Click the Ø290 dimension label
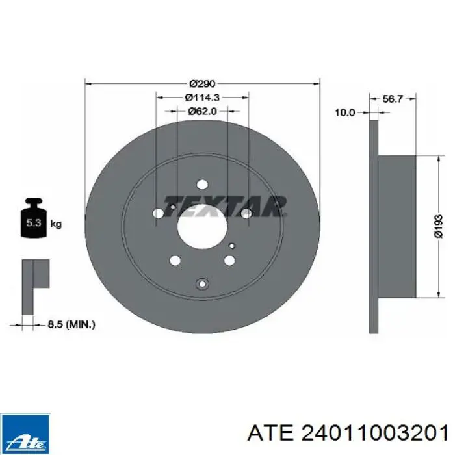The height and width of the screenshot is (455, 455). coord(203,84)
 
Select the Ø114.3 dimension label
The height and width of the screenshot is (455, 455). coord(202,97)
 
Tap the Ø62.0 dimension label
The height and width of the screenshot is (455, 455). coord(202,111)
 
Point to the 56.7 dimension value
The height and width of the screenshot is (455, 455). coord(393,99)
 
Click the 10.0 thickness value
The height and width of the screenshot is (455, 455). coord(345,112)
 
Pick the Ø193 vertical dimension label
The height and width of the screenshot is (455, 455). coord(439,226)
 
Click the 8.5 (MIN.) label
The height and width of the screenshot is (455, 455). coord(71,324)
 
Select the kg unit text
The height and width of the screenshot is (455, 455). coord(56,224)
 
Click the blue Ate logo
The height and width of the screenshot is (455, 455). coord(25,434)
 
